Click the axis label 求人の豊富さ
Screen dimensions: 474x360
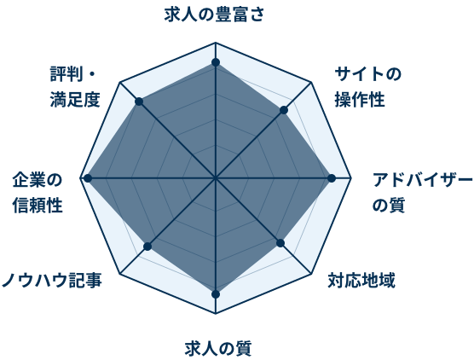coord(214,15)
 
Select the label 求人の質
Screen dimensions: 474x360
coord(218,349)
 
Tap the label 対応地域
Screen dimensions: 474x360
coord(361,281)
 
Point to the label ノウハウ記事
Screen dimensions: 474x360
coord(52,280)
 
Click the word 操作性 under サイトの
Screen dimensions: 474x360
coord(360,99)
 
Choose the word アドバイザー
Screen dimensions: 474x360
coord(422,180)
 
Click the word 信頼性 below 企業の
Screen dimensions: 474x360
coord(38,206)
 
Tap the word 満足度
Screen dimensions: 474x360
coord(75,99)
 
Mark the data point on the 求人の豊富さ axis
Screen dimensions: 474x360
coord(216,62)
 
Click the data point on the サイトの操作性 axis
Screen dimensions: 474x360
coord(284,110)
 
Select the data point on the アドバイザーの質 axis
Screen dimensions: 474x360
coord(332,178)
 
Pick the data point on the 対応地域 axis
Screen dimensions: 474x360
coord(280,243)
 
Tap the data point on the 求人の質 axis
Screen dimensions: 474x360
coord(216,294)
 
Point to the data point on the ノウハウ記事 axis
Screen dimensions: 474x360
coord(147,247)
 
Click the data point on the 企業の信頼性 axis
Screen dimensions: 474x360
coord(88,178)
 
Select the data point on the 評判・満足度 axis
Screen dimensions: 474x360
coord(139,102)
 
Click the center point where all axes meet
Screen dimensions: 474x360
coord(216,178)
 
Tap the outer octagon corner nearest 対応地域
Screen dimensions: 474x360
coord(311,274)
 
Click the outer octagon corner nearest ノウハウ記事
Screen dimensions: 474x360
coord(120,274)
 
